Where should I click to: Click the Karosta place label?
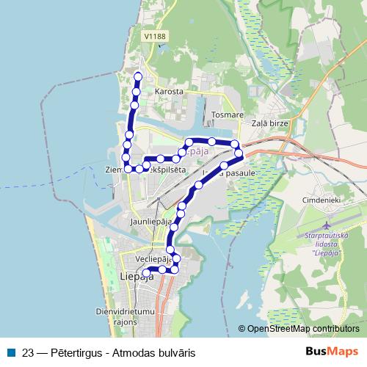point(168,92)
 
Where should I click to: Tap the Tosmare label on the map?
point(226,115)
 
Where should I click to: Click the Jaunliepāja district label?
point(150,220)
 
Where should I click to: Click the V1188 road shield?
point(155,35)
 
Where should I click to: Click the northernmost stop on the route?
point(138,77)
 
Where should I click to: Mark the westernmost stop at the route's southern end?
point(145,273)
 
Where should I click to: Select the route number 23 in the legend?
point(29,352)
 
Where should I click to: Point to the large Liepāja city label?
point(136,277)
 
